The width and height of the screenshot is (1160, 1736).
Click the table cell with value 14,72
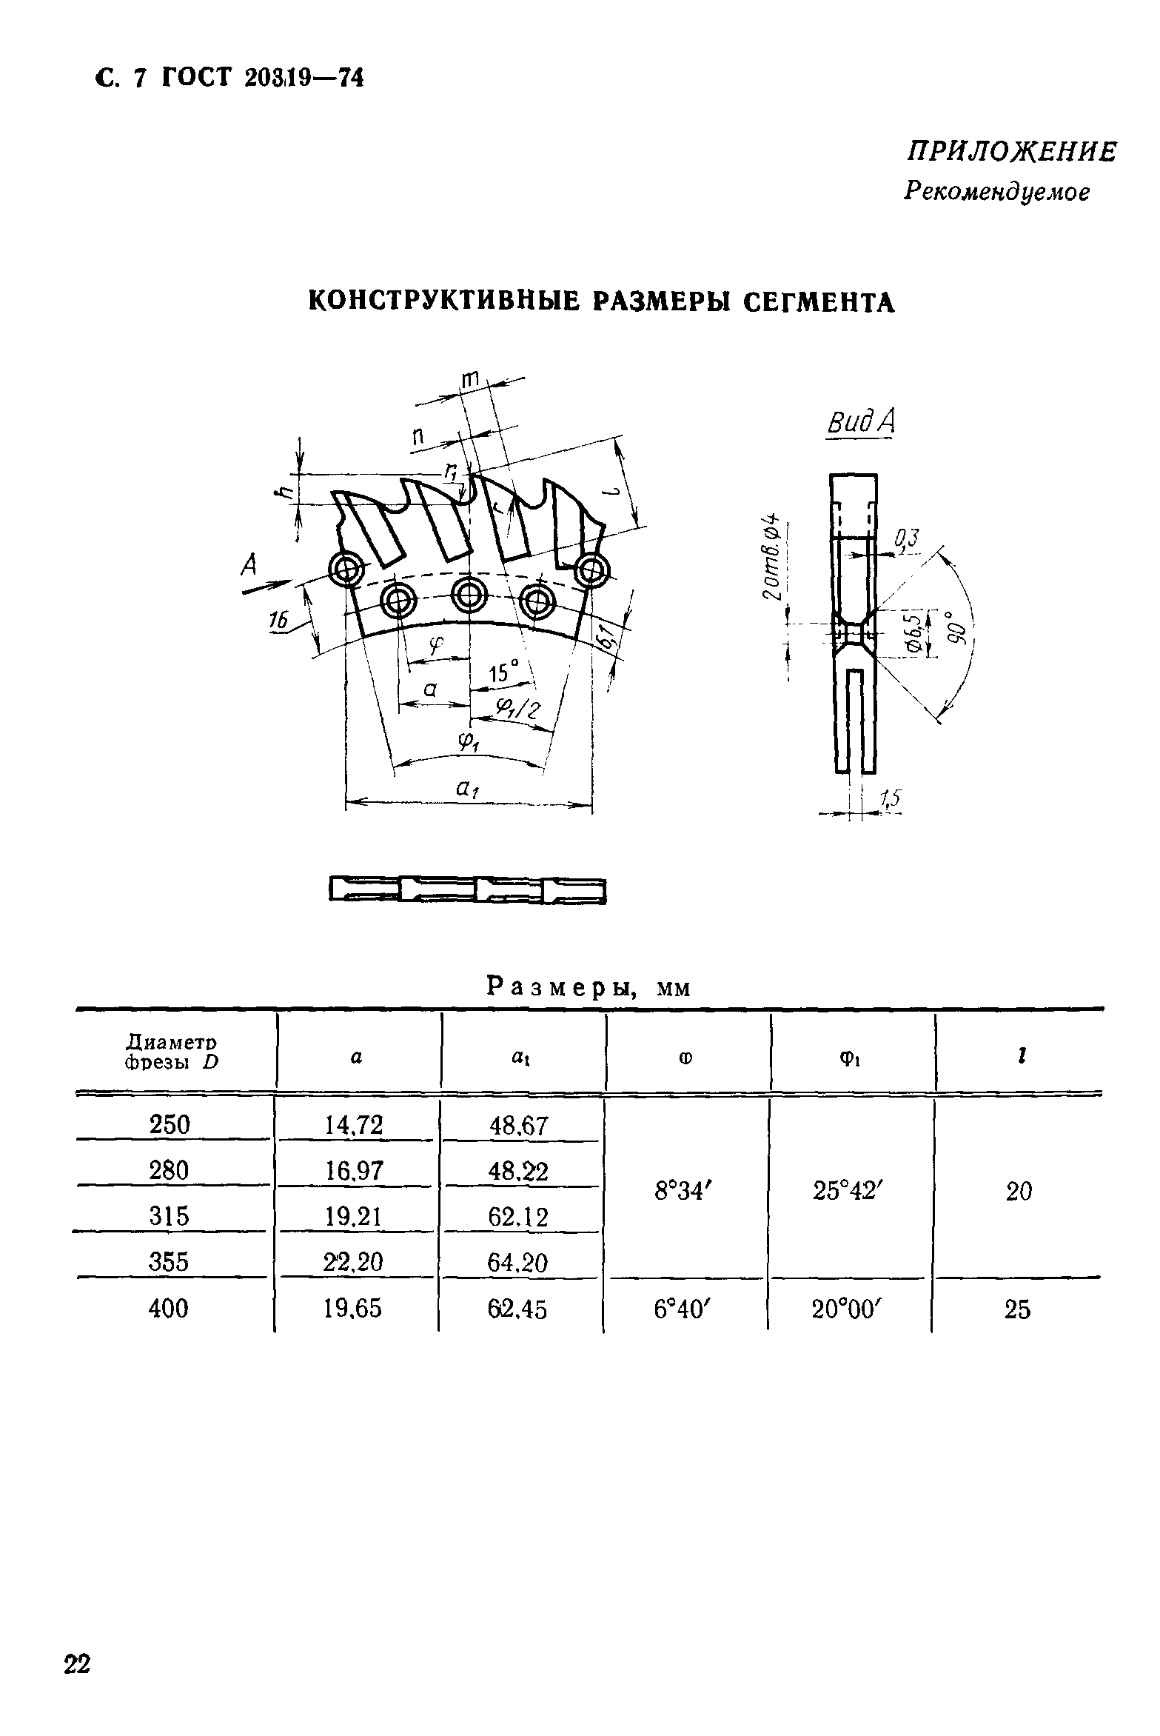pyautogui.click(x=354, y=1125)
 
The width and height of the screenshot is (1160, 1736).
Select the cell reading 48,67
pyautogui.click(x=518, y=1126)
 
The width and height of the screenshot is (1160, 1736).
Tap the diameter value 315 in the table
pyautogui.click(x=169, y=1215)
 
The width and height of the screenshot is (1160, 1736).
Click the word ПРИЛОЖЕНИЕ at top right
pyautogui.click(x=1011, y=153)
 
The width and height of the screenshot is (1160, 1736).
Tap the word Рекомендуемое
pyautogui.click(x=996, y=193)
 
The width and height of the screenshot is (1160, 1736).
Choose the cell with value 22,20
pyautogui.click(x=354, y=1261)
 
